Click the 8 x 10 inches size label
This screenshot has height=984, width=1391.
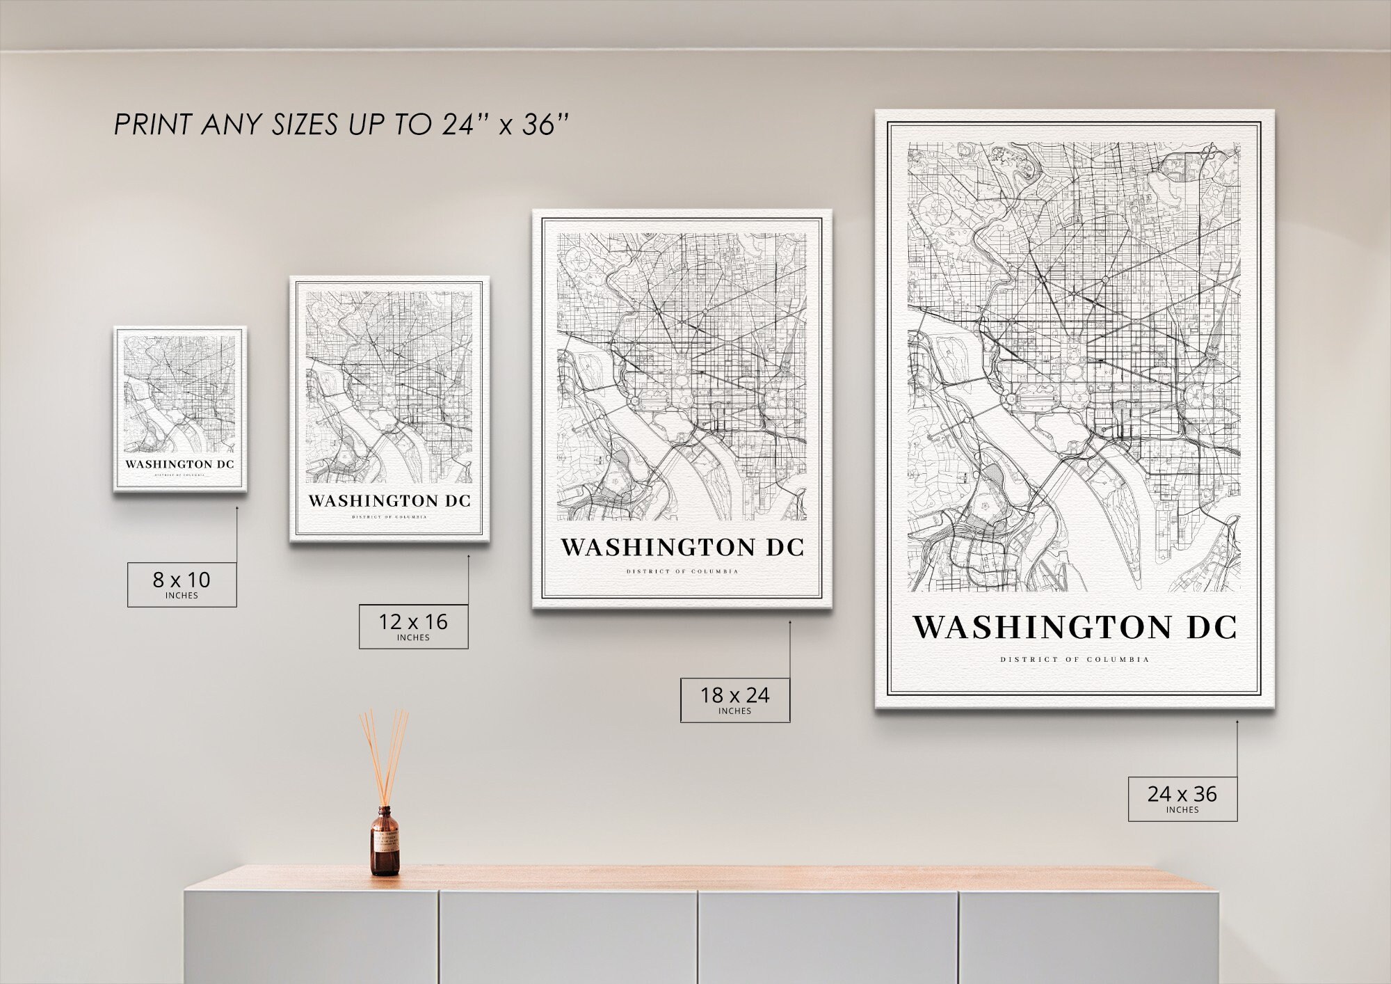point(182,583)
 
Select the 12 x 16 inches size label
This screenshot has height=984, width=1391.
point(413,626)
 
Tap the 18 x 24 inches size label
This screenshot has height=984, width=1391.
point(734,699)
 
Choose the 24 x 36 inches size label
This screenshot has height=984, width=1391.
point(1182,797)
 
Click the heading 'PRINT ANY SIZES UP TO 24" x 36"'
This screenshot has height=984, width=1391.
point(341,125)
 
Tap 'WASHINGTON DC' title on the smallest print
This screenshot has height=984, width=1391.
point(180,464)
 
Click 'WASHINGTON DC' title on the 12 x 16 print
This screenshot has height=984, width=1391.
point(389,501)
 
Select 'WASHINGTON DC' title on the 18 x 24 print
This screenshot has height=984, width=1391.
point(682,548)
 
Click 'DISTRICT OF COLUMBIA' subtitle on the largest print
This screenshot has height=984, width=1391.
point(1075,659)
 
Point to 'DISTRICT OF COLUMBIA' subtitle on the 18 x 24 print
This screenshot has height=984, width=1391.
point(682,571)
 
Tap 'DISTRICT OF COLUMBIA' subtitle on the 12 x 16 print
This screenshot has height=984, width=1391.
point(389,517)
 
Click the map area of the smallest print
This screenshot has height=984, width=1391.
point(180,394)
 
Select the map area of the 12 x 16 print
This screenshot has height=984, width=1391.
point(389,386)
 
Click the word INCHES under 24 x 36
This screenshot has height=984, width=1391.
point(1182,809)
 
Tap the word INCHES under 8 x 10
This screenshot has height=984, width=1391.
point(182,596)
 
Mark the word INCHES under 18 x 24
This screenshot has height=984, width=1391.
point(734,711)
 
